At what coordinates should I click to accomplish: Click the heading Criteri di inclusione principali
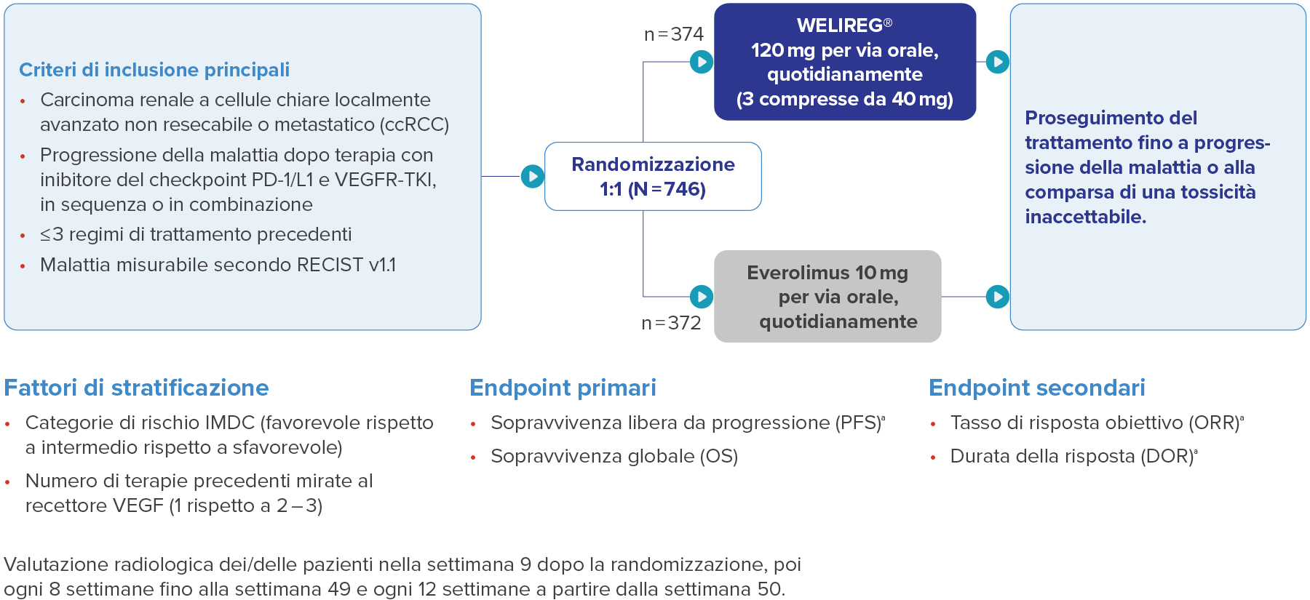click(x=154, y=70)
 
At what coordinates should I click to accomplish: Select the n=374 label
click(x=674, y=34)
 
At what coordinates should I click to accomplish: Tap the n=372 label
click(x=671, y=323)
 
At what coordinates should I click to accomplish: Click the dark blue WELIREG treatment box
click(x=844, y=62)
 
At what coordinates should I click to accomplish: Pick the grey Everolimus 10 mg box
click(x=827, y=297)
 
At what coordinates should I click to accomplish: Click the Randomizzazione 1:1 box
click(x=653, y=177)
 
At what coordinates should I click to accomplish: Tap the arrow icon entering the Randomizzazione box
click(x=533, y=176)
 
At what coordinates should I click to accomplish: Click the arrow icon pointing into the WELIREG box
click(x=701, y=62)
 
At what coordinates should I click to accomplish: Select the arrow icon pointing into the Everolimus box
click(x=701, y=297)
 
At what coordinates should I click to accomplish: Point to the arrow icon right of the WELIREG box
click(x=997, y=62)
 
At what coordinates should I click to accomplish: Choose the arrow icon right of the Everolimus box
click(x=997, y=297)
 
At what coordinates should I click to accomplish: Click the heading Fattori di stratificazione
click(x=136, y=388)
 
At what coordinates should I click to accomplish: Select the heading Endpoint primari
click(x=563, y=388)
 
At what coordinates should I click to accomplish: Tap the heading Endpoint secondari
click(x=1036, y=388)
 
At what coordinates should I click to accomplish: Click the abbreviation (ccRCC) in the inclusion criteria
click(x=414, y=125)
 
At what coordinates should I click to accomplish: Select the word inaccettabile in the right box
click(x=1085, y=217)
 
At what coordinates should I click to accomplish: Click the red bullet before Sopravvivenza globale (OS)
click(x=473, y=457)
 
